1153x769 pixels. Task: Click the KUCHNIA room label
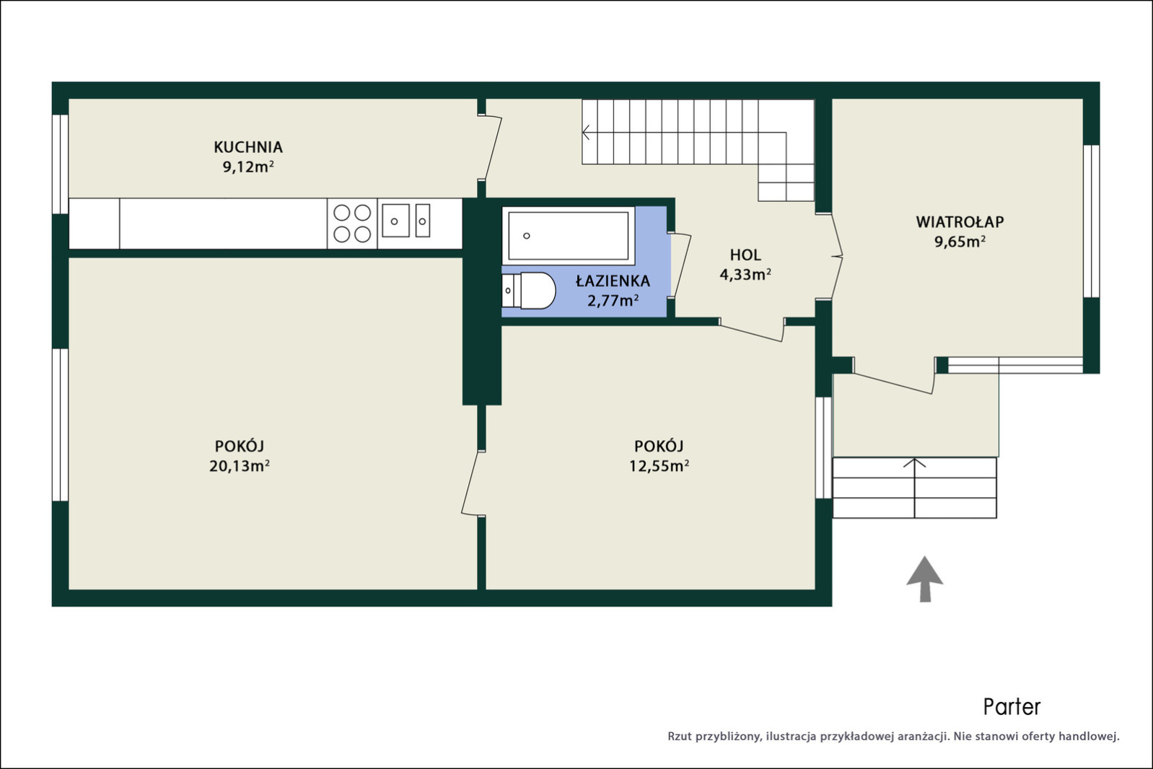[x=248, y=147]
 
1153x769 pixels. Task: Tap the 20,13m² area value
[x=240, y=466]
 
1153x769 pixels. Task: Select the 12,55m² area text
[x=659, y=466]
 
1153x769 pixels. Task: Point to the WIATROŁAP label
[x=960, y=222]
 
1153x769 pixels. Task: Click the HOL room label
[x=745, y=255]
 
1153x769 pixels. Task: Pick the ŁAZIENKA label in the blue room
[x=613, y=281]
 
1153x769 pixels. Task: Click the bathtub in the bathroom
[x=569, y=236]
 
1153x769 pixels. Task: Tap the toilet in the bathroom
[x=529, y=291]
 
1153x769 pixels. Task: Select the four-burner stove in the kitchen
[x=352, y=224]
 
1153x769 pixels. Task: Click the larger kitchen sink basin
[x=395, y=221]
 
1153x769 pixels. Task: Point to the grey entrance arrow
[x=925, y=579]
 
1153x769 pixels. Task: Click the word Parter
[x=1012, y=707]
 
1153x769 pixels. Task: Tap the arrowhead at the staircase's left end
[x=586, y=133]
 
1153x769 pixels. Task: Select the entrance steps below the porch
[x=915, y=488]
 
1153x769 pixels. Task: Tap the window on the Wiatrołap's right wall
[x=1091, y=221]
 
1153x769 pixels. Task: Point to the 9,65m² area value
[x=960, y=242]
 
